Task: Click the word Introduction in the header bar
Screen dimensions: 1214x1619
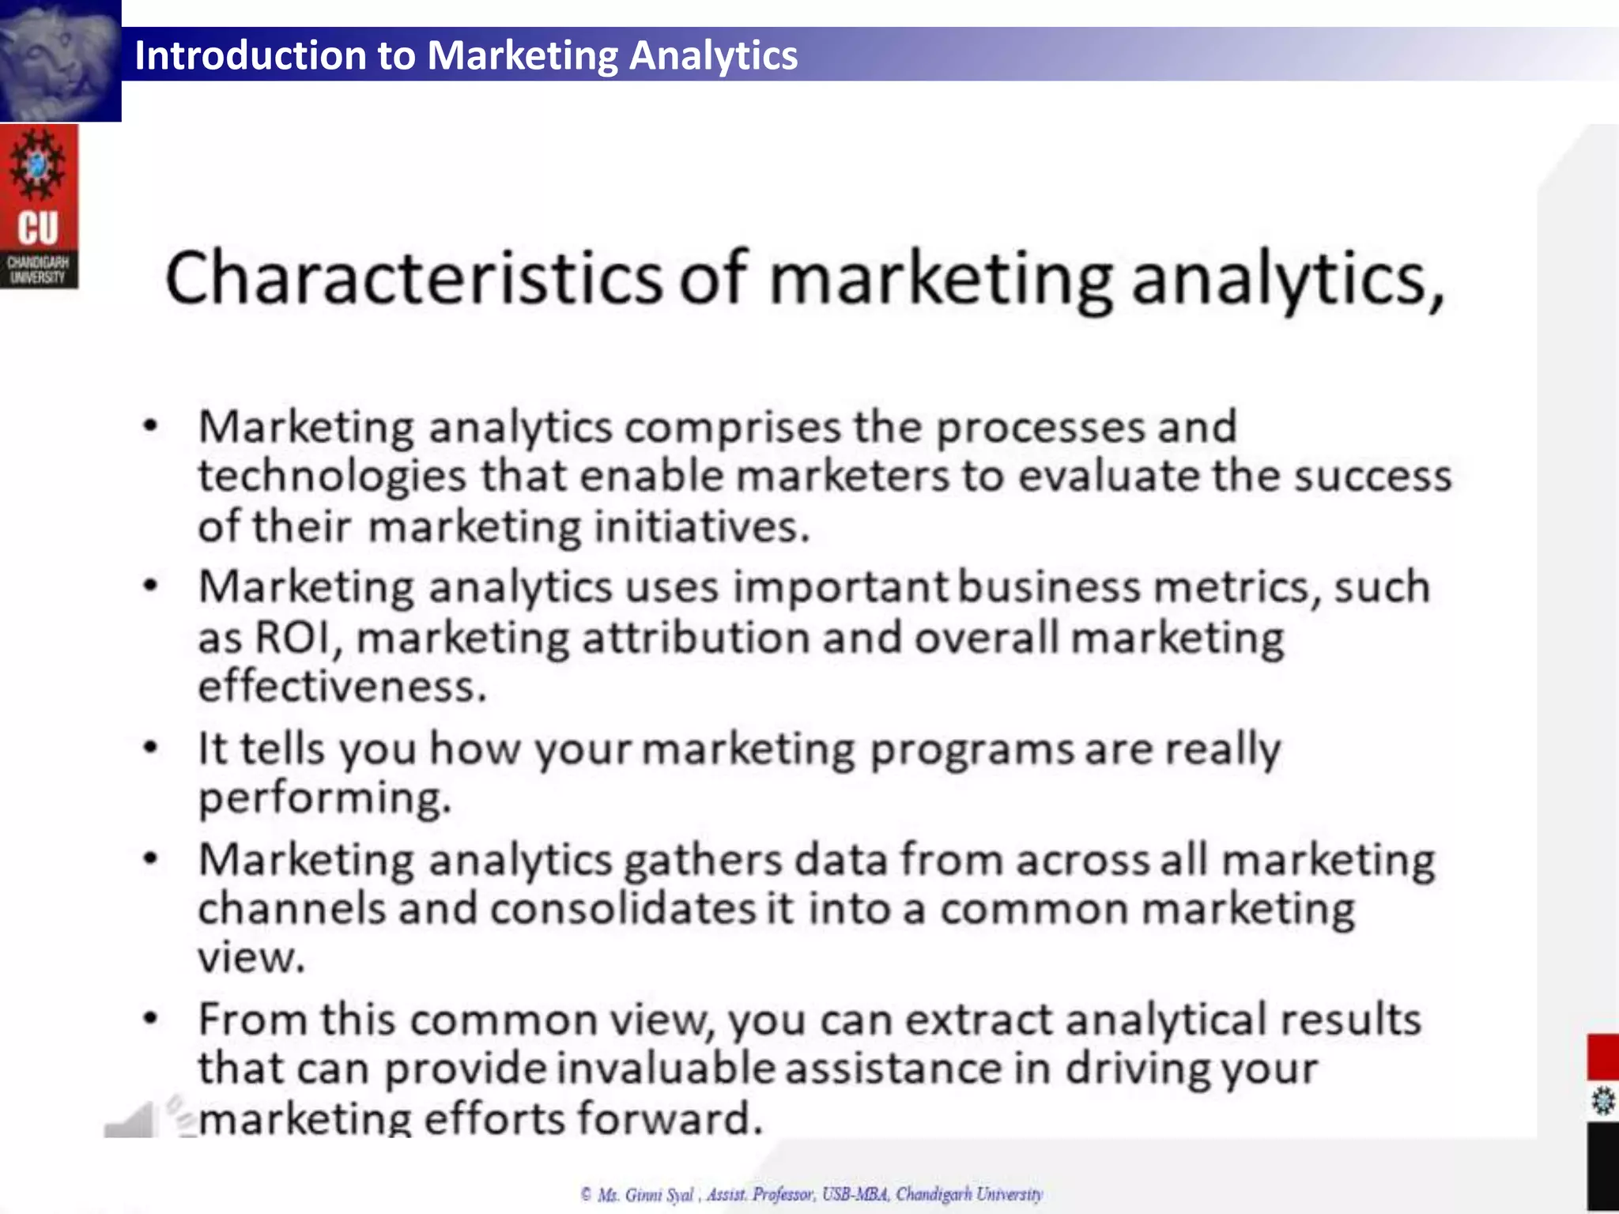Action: point(250,55)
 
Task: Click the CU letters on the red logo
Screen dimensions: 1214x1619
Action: point(38,228)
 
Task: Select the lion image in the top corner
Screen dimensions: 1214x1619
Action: point(60,60)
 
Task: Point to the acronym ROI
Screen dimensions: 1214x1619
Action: point(292,637)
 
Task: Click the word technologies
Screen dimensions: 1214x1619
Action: point(332,477)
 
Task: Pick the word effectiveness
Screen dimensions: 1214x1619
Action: point(341,686)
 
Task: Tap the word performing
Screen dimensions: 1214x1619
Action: point(323,798)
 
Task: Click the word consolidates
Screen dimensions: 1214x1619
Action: point(622,909)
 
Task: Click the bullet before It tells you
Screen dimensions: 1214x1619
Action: point(150,747)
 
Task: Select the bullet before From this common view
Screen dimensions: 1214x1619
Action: point(150,1018)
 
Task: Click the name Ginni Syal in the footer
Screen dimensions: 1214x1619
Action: point(659,1194)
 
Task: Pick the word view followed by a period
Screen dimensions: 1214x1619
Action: point(250,958)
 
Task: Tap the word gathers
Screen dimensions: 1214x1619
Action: point(702,860)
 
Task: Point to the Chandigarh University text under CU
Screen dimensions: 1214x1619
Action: point(38,270)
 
